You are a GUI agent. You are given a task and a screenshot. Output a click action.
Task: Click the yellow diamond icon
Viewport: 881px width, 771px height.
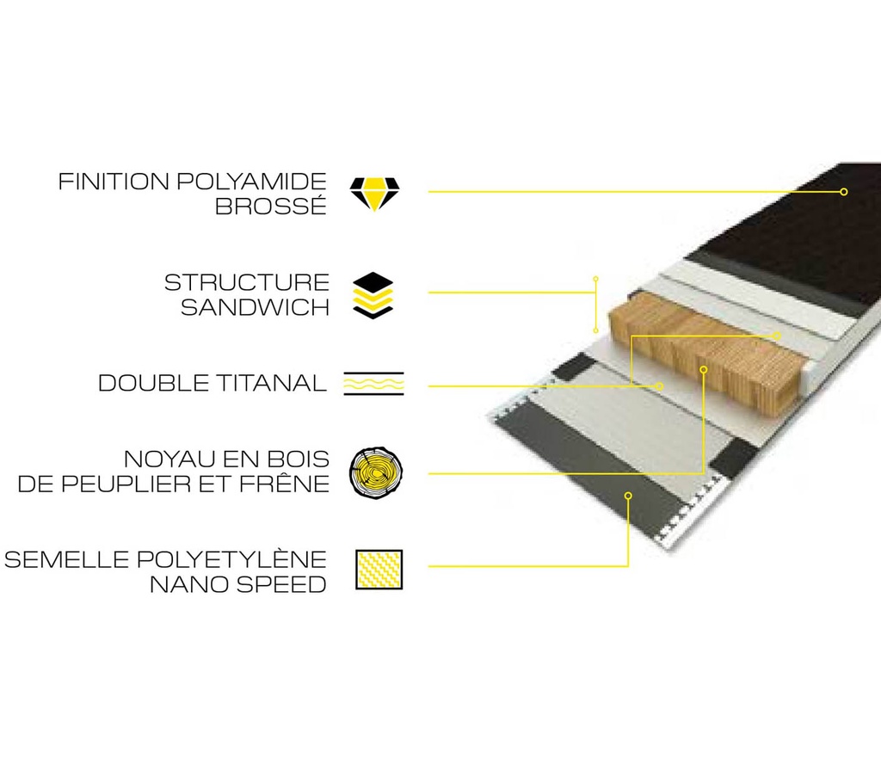coord(374,194)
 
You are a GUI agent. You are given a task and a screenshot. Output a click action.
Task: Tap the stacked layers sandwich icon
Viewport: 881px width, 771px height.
coord(373,296)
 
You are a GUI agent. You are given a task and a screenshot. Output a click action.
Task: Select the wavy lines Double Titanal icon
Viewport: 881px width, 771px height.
coord(373,383)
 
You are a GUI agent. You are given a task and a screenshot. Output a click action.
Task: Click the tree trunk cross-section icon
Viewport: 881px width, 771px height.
coord(376,472)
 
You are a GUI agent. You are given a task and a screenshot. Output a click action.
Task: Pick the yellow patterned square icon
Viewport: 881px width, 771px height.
coord(379,570)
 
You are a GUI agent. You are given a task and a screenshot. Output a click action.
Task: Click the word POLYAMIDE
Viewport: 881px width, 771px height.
coord(251,182)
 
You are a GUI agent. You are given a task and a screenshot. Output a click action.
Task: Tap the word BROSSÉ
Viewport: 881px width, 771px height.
coord(271,207)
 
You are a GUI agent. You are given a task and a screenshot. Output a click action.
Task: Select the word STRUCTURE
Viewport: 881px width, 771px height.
coord(247,282)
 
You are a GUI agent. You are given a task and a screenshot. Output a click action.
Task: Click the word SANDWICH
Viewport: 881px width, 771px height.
coord(255,307)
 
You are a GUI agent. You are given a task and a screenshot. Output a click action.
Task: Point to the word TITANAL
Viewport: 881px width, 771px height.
coord(271,383)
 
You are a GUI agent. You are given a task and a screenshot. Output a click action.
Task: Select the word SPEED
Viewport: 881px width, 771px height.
coord(281,584)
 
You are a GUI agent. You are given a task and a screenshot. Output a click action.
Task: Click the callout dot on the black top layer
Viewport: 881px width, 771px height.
coord(843,192)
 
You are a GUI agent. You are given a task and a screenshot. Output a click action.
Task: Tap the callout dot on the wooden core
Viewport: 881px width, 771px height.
coord(703,369)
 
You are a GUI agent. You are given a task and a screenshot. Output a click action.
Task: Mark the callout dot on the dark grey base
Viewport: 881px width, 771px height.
coord(628,496)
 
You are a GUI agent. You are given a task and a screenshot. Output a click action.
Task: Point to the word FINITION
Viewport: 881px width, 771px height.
coord(114,182)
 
